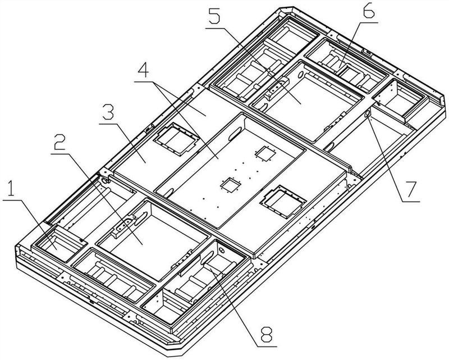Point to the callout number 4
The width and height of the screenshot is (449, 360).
(143, 70)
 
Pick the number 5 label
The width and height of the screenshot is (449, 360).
(214, 16)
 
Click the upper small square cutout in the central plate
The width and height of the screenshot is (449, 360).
(265, 153)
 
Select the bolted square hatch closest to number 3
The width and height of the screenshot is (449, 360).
(176, 139)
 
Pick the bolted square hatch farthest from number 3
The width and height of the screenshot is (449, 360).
(283, 202)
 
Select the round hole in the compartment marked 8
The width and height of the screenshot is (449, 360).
(222, 250)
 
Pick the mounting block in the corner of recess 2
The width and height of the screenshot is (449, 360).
(123, 226)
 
